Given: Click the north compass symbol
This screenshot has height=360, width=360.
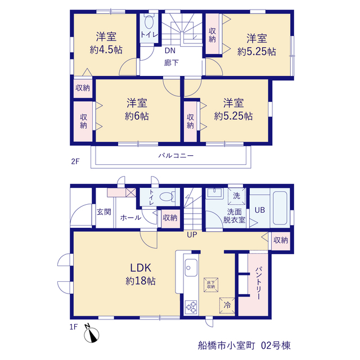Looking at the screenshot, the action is pyautogui.click(x=91, y=334).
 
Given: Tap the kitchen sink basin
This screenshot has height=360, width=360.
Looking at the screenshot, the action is pyautogui.click(x=191, y=268).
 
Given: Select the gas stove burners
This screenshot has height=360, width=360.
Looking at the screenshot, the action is pyautogui.click(x=191, y=307).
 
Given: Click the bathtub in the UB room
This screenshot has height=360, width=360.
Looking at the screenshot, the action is pyautogui.click(x=280, y=208).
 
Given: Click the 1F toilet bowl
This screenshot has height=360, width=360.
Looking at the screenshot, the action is pyautogui.click(x=166, y=197).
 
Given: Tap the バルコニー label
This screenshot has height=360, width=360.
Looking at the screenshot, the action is pyautogui.click(x=176, y=156).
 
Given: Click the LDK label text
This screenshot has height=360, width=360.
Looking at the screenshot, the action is pyautogui.click(x=141, y=268).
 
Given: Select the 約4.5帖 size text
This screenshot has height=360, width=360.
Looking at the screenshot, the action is pyautogui.click(x=106, y=50).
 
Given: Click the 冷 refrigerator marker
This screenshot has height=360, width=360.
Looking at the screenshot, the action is pyautogui.click(x=227, y=305).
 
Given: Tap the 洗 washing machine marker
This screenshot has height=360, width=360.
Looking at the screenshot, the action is pyautogui.click(x=236, y=196).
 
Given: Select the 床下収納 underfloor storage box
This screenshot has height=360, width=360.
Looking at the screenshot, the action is pyautogui.click(x=211, y=285).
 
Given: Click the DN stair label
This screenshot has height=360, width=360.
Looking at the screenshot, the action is pyautogui.click(x=170, y=51).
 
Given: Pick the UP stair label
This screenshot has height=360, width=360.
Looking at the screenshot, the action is pyautogui.click(x=192, y=235).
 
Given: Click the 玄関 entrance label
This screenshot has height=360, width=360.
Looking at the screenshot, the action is pyautogui.click(x=103, y=212).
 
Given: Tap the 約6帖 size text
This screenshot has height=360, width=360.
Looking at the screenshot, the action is pyautogui.click(x=137, y=116).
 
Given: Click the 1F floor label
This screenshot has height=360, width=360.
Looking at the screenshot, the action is pyautogui.click(x=74, y=327).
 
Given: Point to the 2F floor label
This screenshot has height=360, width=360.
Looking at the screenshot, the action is pyautogui.click(x=75, y=161).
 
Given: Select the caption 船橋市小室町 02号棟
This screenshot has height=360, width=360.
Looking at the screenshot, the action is pyautogui.click(x=244, y=345).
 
